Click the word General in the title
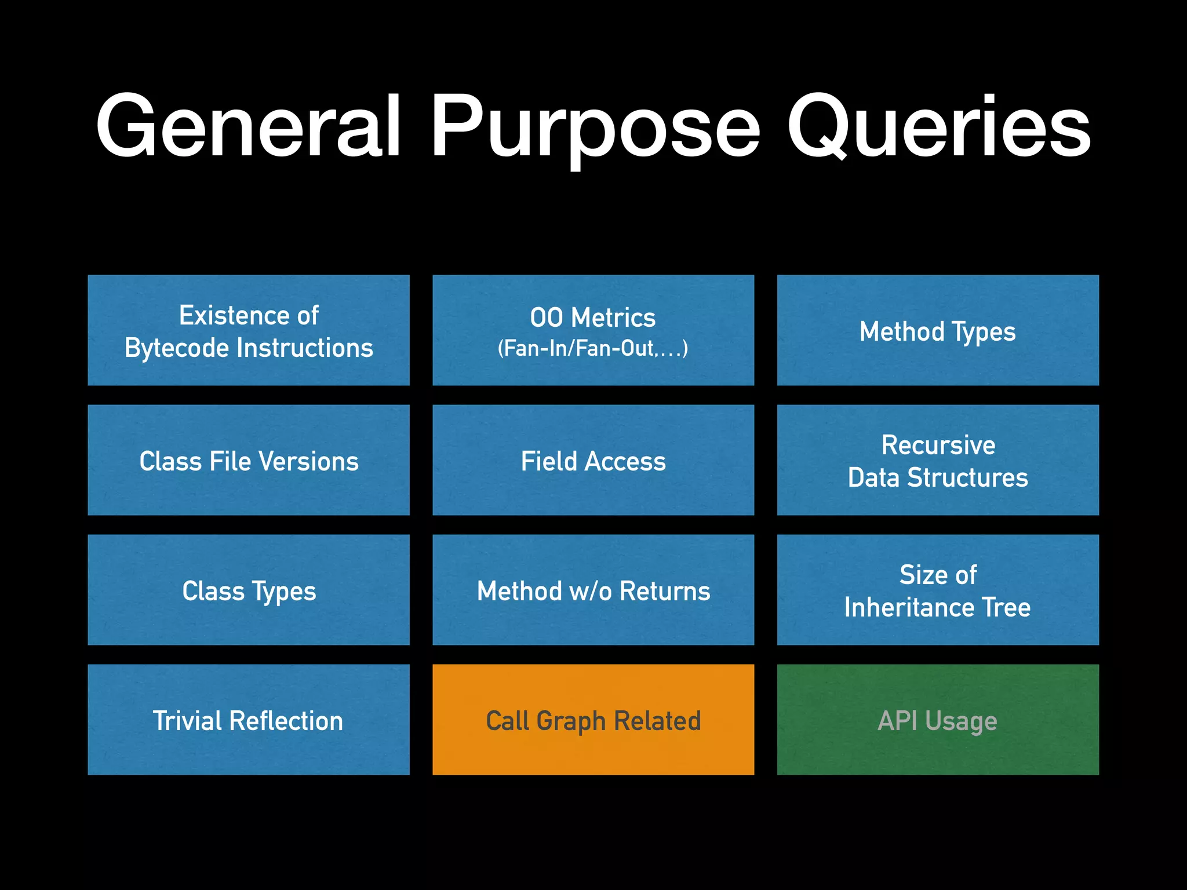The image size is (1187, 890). (248, 126)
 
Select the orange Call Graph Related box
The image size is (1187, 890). (593, 720)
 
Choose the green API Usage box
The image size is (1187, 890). (937, 720)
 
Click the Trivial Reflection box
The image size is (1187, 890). (248, 720)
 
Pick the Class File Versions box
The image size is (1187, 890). (248, 461)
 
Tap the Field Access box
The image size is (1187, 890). (593, 461)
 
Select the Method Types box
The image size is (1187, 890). (937, 331)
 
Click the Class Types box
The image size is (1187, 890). (248, 590)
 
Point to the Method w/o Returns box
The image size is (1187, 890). (593, 590)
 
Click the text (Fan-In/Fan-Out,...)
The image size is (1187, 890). (593, 348)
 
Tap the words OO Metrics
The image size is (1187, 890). (593, 318)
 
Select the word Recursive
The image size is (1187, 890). (938, 445)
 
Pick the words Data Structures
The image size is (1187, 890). (937, 477)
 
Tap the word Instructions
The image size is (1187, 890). (305, 348)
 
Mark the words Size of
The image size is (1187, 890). (938, 575)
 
